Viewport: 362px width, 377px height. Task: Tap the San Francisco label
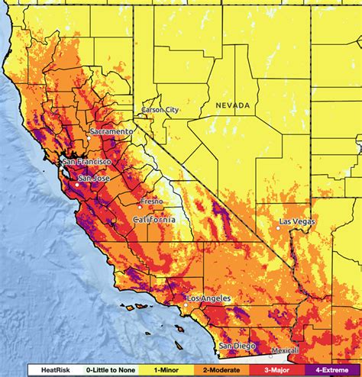(88, 162)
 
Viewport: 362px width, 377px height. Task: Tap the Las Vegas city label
(295, 221)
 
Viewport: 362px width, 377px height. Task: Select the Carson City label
(160, 111)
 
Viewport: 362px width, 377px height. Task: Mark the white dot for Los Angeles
(186, 304)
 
